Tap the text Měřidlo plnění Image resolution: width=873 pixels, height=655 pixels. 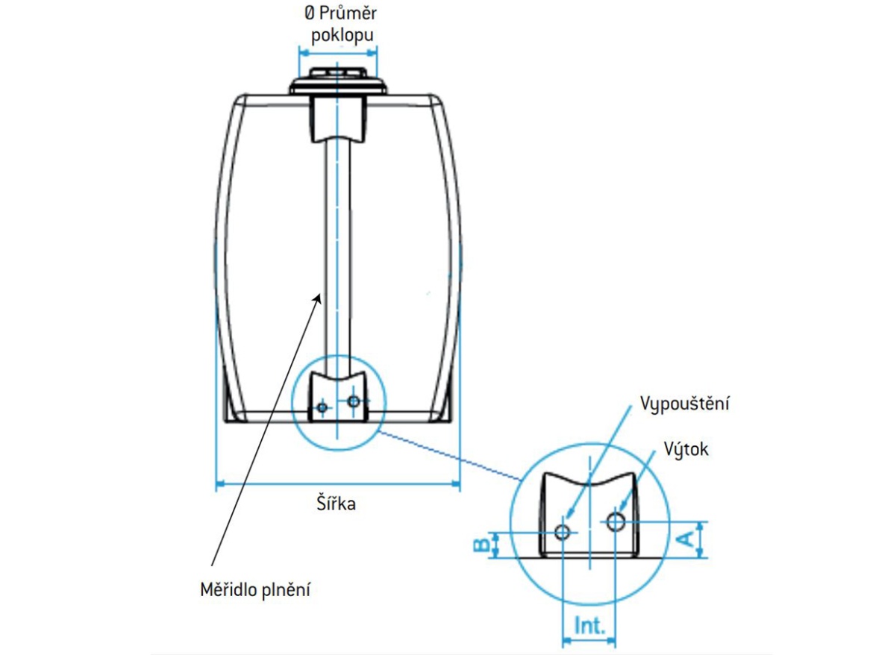[x=254, y=590]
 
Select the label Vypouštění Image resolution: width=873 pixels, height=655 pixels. [x=684, y=404]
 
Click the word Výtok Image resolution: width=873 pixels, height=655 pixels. [x=686, y=450]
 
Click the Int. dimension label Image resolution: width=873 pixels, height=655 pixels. [x=589, y=625]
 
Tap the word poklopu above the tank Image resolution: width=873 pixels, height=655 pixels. [x=339, y=35]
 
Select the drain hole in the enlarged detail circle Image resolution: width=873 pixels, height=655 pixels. [x=563, y=531]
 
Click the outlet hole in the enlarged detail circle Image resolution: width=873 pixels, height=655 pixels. [x=615, y=521]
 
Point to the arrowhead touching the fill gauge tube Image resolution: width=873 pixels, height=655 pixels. [x=319, y=298]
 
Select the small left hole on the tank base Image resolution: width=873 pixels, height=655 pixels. [x=322, y=407]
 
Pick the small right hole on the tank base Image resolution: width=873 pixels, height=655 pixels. [x=354, y=401]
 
